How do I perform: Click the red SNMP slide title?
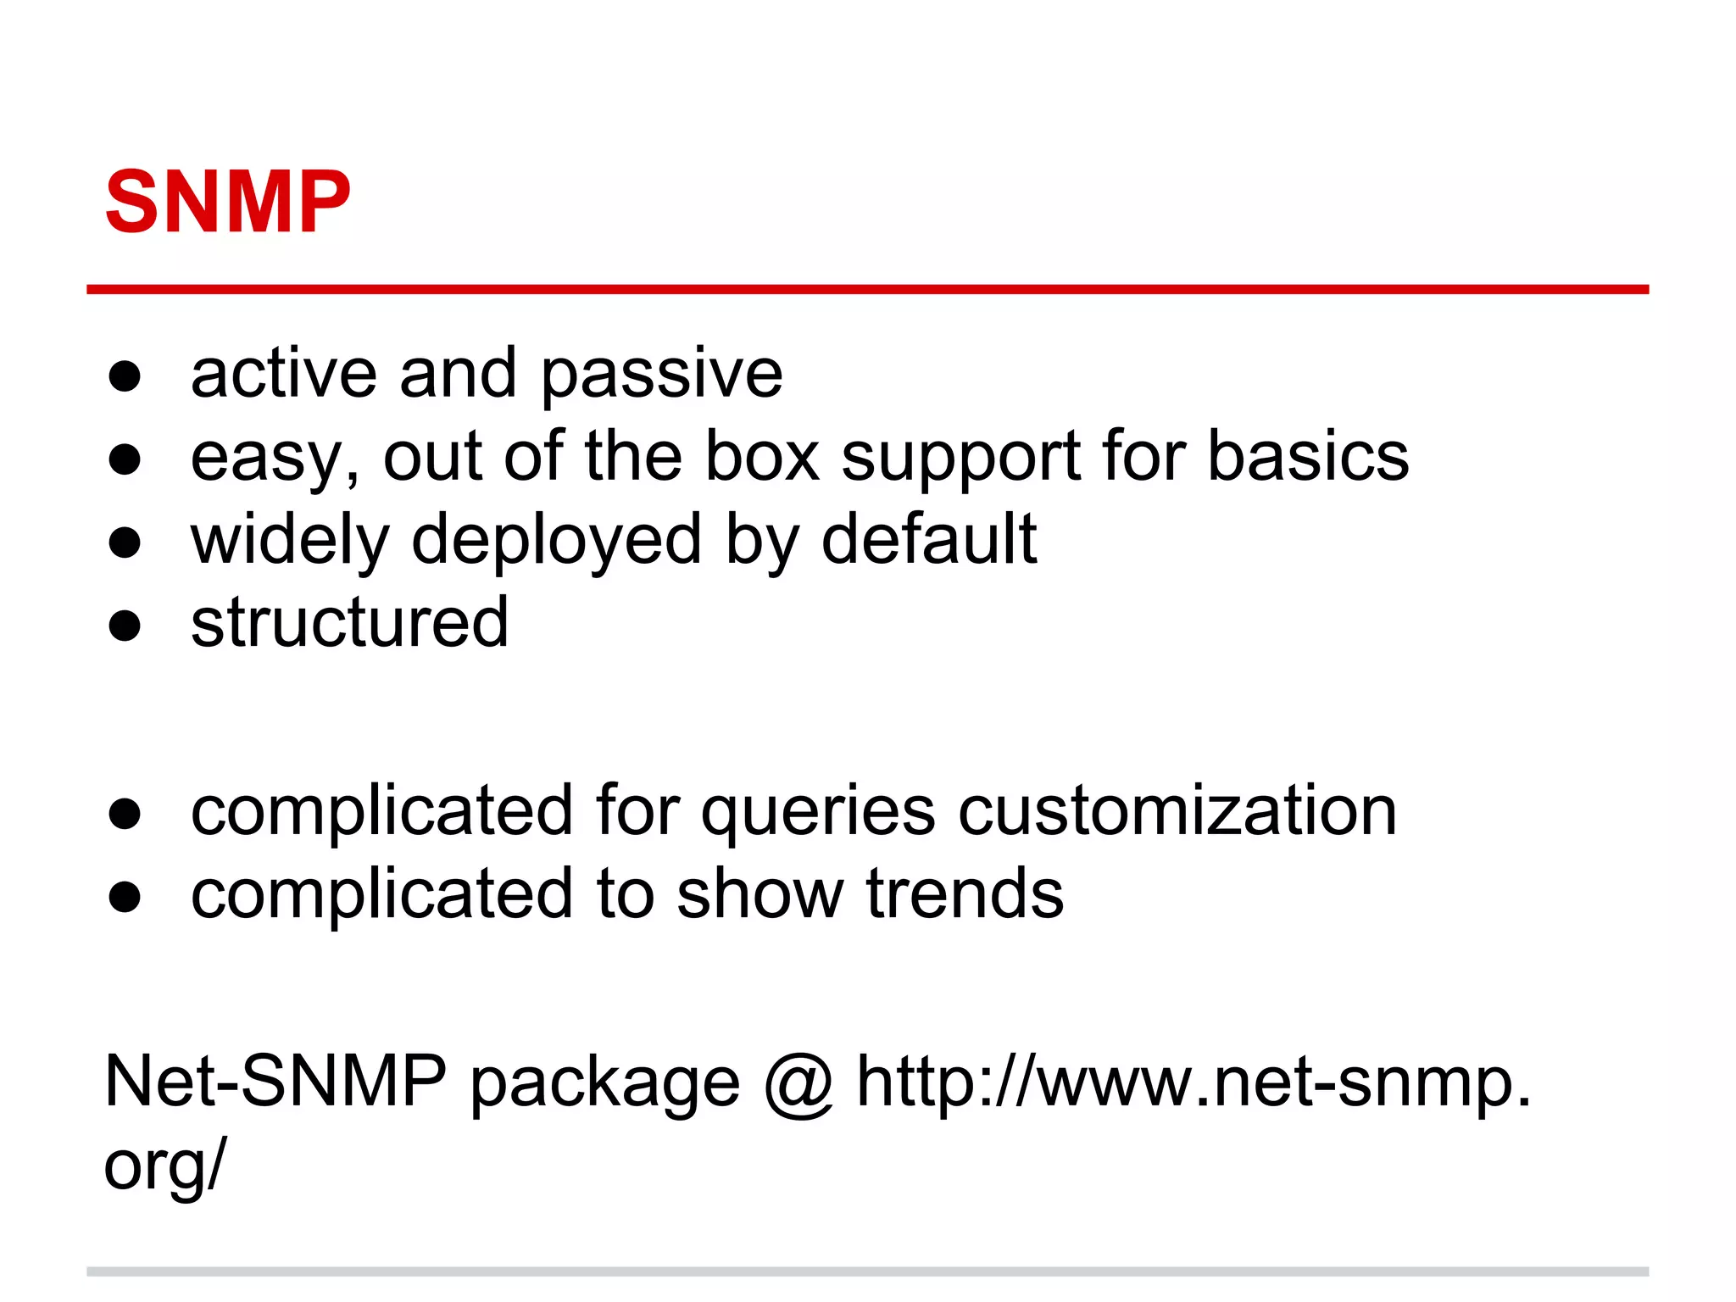click(227, 203)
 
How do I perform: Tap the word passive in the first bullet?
click(661, 375)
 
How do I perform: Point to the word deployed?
click(556, 541)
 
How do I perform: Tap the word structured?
click(349, 623)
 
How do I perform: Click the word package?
click(604, 1085)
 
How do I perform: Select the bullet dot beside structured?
click(125, 626)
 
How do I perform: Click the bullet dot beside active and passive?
click(125, 376)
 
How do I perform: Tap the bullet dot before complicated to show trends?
click(125, 896)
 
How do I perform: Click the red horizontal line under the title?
click(867, 290)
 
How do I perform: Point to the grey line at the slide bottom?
click(867, 1271)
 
